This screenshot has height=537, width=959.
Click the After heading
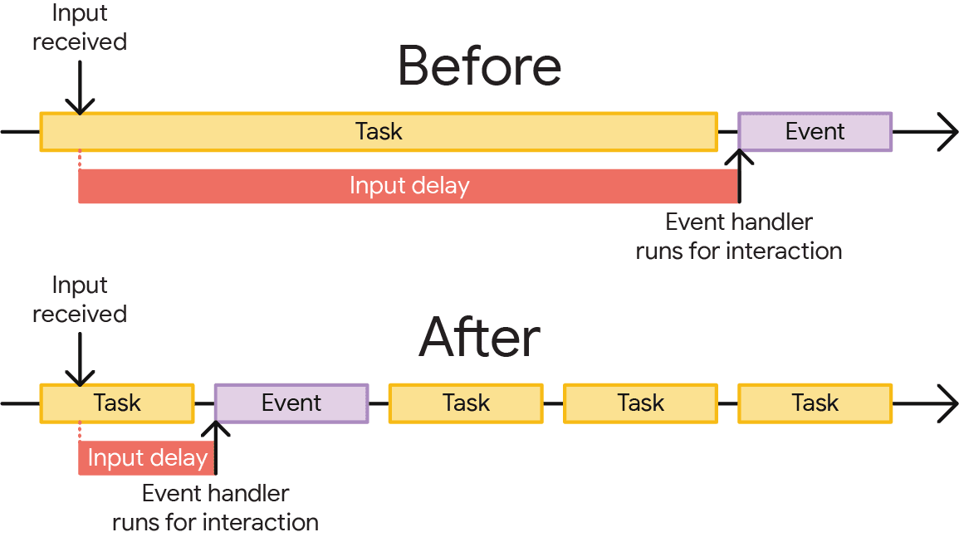click(479, 337)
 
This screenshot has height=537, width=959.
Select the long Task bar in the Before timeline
click(379, 132)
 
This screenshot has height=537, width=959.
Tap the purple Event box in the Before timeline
click(815, 132)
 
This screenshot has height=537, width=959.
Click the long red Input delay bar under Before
click(409, 186)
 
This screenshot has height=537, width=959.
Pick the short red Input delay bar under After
click(146, 458)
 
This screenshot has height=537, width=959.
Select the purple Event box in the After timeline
click(291, 403)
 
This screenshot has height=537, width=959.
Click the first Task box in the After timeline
click(117, 403)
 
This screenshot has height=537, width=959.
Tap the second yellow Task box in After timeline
click(466, 403)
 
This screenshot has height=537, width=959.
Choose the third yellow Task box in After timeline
click(640, 403)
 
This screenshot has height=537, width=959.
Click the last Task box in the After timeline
click(815, 403)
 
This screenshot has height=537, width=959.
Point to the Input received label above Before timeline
click(80, 27)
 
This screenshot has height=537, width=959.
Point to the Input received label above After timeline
click(80, 300)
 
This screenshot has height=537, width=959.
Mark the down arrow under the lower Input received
click(80, 360)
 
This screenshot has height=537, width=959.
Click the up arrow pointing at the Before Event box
click(739, 174)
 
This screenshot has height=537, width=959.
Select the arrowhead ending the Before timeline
click(947, 132)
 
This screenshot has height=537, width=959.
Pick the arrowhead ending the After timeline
click(947, 403)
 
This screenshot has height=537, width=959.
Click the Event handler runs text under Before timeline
click(738, 237)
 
